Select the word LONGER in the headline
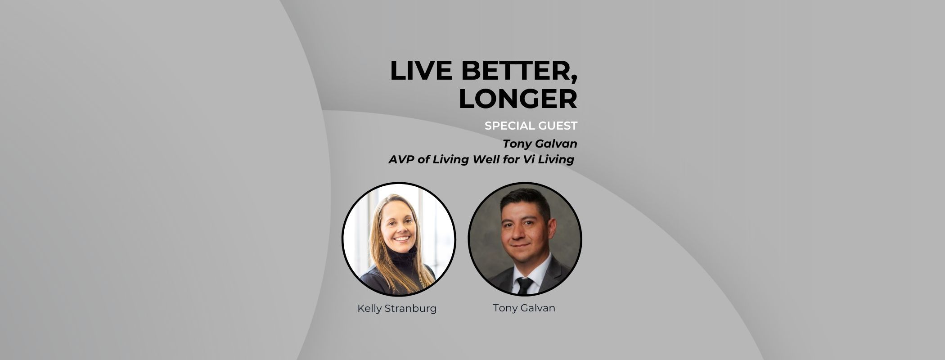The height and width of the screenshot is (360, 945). tap(517, 99)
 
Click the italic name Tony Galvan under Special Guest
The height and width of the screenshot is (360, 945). tap(540, 144)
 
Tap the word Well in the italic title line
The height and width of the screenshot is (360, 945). tap(480, 159)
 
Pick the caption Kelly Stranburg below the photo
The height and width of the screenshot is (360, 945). tap(397, 309)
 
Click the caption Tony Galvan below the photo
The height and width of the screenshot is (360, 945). tap(524, 308)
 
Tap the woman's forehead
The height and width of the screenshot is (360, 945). tap(396, 208)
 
